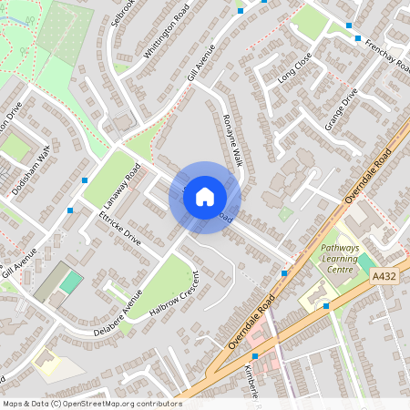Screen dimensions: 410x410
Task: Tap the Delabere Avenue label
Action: click(118, 314)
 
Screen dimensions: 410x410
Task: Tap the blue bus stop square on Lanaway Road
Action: click(85, 180)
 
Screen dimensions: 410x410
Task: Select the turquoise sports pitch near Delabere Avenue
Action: click(70, 282)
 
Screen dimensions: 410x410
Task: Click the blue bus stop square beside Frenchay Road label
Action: click(350, 26)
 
